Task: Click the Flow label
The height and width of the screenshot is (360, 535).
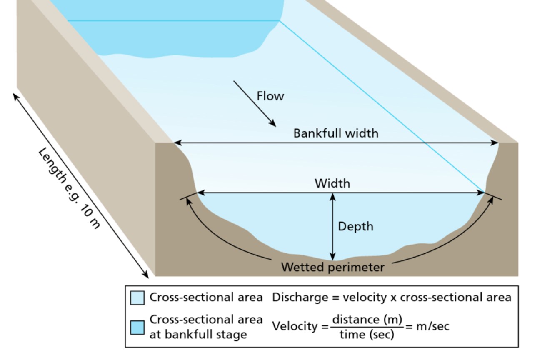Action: click(270, 96)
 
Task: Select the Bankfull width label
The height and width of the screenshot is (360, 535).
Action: click(336, 133)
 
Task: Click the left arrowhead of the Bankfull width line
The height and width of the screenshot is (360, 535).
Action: click(177, 143)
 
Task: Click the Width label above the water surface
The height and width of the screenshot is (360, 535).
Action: click(332, 183)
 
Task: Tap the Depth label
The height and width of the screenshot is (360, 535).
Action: click(355, 226)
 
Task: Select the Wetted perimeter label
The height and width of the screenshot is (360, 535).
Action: click(332, 267)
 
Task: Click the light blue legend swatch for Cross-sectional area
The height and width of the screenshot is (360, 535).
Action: click(137, 298)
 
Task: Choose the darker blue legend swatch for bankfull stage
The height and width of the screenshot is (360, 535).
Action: click(137, 327)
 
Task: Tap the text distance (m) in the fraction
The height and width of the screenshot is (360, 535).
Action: click(367, 320)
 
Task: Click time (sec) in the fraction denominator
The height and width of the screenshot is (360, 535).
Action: click(367, 335)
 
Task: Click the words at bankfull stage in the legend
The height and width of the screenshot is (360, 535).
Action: click(198, 334)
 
